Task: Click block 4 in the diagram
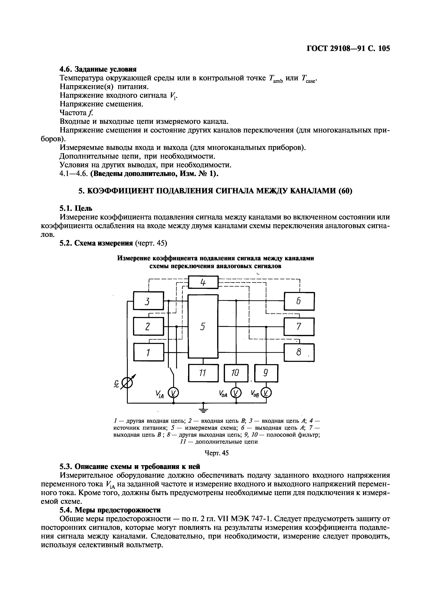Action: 203,282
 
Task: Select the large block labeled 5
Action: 203,326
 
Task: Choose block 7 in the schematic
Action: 299,327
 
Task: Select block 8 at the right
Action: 299,352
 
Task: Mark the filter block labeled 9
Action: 266,373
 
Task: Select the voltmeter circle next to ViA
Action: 174,393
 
